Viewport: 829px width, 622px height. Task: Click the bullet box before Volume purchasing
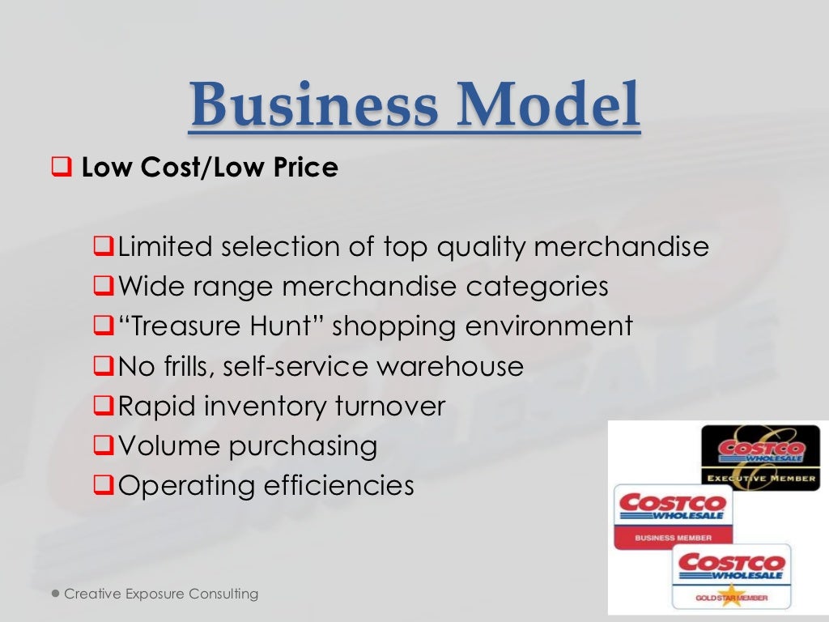click(x=102, y=445)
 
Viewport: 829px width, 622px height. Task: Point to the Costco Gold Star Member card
click(x=731, y=576)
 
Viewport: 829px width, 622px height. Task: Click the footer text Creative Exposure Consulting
click(x=161, y=594)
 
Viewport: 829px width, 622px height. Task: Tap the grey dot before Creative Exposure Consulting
click(x=56, y=594)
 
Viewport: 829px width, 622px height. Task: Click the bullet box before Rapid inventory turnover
click(x=102, y=406)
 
